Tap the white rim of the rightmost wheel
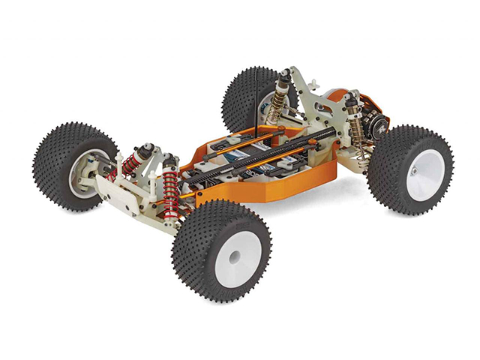click(x=426, y=174)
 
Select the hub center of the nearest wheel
click(x=234, y=256)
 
